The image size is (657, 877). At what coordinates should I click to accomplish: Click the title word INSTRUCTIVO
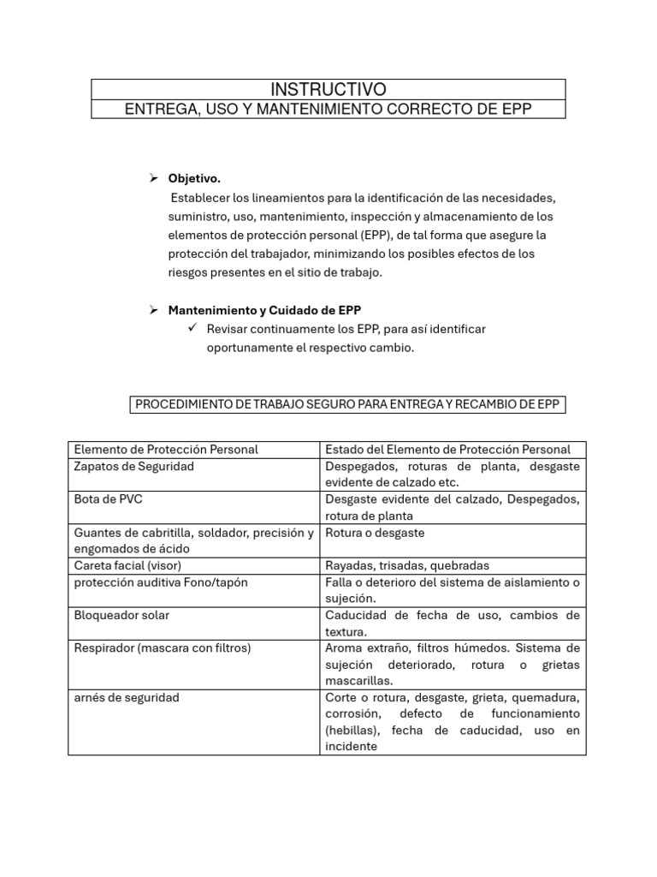click(x=328, y=90)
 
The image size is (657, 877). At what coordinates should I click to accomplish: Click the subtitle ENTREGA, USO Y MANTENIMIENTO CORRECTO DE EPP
click(x=328, y=109)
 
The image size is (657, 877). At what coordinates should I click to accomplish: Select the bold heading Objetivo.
click(x=194, y=179)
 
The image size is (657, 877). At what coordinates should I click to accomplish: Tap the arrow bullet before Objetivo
click(x=154, y=179)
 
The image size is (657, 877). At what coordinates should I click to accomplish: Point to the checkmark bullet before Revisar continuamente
click(x=191, y=329)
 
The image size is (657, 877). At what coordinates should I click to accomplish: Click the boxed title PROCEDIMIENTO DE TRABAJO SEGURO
click(x=347, y=405)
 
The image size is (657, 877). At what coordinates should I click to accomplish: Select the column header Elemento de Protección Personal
click(x=167, y=450)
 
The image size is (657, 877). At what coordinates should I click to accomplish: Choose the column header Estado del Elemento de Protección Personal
click(x=448, y=450)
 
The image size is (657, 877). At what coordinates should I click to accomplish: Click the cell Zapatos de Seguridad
click(x=134, y=467)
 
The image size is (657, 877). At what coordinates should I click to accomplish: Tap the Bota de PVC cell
click(x=108, y=499)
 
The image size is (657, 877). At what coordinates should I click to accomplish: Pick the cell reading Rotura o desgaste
click(x=375, y=533)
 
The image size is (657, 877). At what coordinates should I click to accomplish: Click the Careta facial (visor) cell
click(x=128, y=565)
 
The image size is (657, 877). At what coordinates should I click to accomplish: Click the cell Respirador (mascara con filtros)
click(x=163, y=648)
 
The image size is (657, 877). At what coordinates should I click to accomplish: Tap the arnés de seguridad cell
click(x=127, y=697)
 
